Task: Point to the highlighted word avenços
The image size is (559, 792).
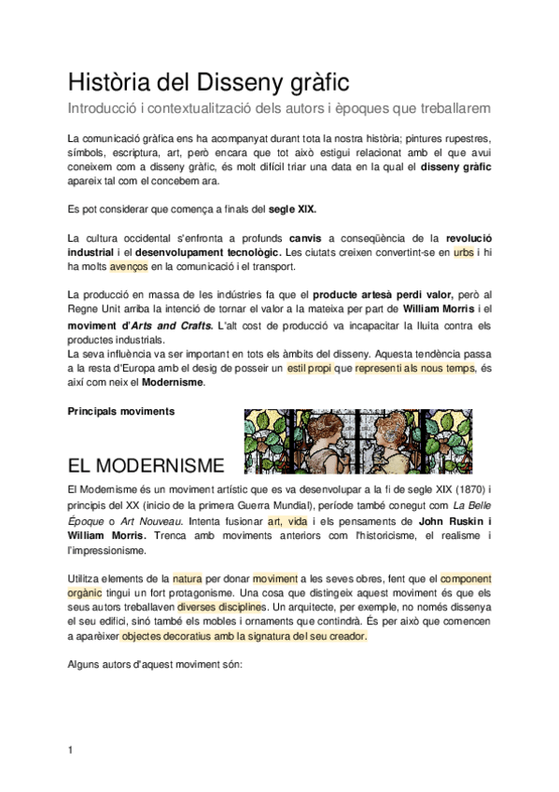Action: [x=128, y=268]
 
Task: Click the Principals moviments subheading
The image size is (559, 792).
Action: [x=122, y=411]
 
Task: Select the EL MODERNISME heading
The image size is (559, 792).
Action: [x=146, y=465]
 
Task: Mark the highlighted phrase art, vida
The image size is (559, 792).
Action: [x=287, y=521]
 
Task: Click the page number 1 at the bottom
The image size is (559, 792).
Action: [x=71, y=750]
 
